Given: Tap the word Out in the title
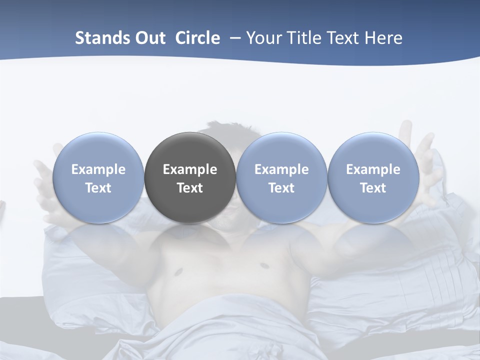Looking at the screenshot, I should point(148,38).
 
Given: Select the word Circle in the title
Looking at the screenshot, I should point(197,38).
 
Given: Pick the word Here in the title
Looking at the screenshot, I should point(384,38).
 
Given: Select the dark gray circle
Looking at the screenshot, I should point(190,177).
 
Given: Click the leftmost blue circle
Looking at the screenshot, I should point(98,177).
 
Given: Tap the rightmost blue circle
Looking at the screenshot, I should point(373,177).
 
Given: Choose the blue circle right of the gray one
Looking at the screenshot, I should point(281,177).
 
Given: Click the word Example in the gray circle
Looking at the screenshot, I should point(190,169).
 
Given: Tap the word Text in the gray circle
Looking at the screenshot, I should point(190,188).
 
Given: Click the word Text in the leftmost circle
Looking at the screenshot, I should point(98,188).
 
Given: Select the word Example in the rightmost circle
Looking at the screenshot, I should point(373,169).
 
